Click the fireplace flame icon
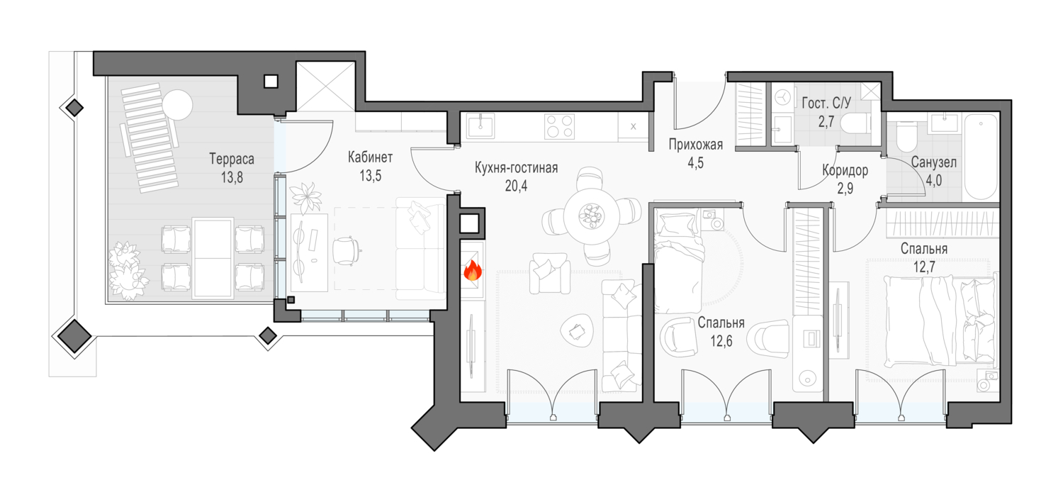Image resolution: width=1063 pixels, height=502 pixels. (473, 271)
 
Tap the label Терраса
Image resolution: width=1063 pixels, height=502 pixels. (232, 159)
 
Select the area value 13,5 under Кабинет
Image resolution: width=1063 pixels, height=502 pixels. (370, 177)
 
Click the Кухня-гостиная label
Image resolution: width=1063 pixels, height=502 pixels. (517, 167)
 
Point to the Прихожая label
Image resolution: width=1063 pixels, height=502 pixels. (696, 145)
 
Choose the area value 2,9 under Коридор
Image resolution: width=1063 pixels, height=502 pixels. (845, 189)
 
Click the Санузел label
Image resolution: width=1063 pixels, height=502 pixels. (933, 162)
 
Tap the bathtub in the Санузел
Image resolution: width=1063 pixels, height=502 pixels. (981, 157)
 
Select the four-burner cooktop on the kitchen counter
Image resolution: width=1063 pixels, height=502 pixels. (559, 127)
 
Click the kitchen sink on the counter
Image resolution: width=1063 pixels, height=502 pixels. (480, 127)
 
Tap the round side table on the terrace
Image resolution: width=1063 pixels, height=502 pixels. (178, 105)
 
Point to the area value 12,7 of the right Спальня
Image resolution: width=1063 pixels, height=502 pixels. (924, 267)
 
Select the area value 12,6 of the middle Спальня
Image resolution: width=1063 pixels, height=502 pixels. (721, 341)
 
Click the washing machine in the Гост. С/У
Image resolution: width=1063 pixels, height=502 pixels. (783, 98)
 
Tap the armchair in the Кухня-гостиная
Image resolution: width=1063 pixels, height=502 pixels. (551, 272)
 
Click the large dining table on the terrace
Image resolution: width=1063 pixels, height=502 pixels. (213, 258)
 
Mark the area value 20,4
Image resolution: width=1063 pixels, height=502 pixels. (516, 186)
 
